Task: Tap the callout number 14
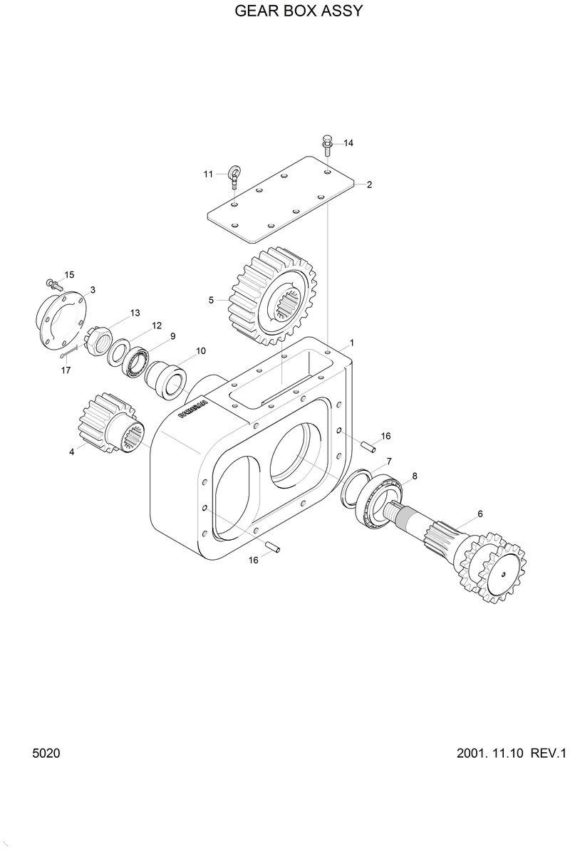(348, 143)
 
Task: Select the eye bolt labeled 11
(234, 175)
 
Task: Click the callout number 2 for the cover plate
(369, 184)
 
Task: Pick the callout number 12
(156, 325)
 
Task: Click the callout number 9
(172, 336)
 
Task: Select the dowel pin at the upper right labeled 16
(367, 447)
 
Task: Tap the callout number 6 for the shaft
(480, 513)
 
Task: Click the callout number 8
(415, 475)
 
